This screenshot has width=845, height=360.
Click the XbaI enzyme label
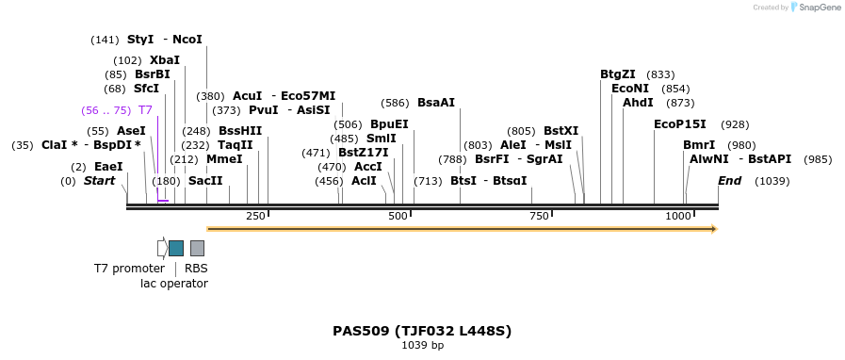point(165,60)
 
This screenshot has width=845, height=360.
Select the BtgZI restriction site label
point(618,74)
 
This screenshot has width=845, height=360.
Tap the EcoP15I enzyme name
point(680,124)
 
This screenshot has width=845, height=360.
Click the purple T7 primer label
point(145,110)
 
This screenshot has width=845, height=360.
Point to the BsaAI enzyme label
point(436,103)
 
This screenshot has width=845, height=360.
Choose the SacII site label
point(205,181)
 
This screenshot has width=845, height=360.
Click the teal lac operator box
point(176,248)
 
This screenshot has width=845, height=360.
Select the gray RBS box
point(197,248)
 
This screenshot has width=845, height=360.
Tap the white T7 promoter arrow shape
point(162,248)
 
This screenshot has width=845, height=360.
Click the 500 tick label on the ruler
point(398,217)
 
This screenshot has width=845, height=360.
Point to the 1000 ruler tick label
point(678,217)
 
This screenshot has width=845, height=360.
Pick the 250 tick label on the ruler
point(255,217)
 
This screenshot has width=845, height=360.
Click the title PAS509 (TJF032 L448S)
point(422,331)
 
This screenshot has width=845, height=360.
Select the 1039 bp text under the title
point(422,346)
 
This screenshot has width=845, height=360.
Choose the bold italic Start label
point(99,181)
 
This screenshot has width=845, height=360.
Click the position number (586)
point(395,103)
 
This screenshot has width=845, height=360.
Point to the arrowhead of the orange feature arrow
point(714,229)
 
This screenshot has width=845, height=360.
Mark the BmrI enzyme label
point(699,145)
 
